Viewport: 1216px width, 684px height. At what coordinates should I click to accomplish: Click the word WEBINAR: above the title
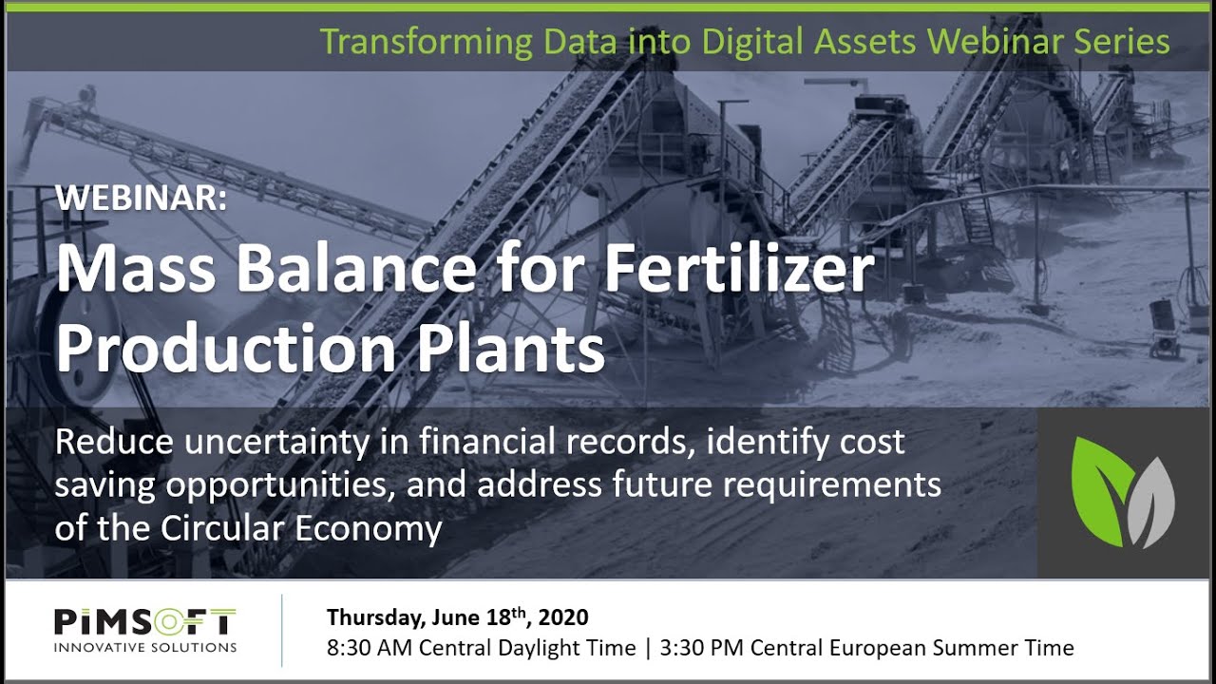142,197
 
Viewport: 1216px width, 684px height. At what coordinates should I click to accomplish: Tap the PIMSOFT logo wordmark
145,622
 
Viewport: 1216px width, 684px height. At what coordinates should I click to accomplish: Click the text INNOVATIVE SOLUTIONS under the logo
145,648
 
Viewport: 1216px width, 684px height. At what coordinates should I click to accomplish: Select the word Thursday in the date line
375,618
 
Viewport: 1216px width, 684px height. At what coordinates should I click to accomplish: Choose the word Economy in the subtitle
369,527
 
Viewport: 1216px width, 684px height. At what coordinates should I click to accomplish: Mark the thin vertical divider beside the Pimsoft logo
282,630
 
